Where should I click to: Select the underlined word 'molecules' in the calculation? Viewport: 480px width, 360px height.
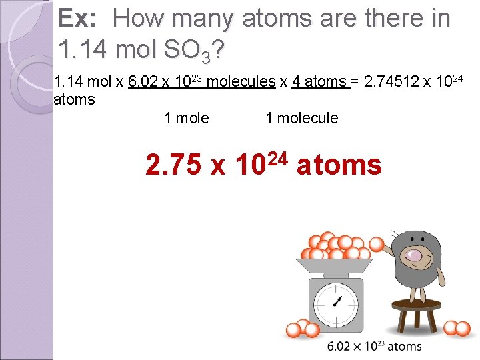click(x=241, y=82)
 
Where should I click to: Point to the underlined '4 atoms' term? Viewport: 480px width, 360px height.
click(x=319, y=82)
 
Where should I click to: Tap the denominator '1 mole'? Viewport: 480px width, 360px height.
click(x=187, y=119)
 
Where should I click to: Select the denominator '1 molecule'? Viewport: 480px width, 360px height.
click(x=301, y=119)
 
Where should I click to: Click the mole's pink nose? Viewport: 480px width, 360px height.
click(x=413, y=254)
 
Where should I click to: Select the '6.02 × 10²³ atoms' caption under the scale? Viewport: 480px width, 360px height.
click(x=375, y=346)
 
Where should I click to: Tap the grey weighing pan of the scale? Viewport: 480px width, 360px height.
click(x=337, y=265)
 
